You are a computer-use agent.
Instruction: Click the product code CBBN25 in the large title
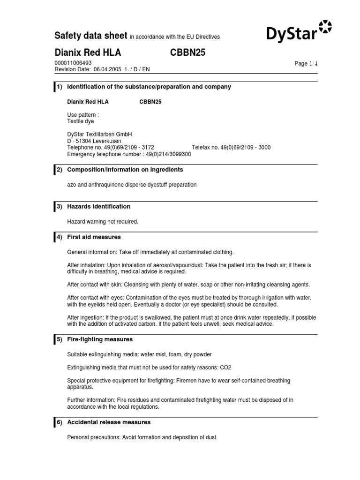[x=187, y=53]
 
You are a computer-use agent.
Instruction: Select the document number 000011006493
[x=73, y=63]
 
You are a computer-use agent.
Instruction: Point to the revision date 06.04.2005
[x=108, y=69]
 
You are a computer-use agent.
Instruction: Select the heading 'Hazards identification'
[x=99, y=206]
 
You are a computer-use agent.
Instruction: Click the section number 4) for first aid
[x=60, y=237]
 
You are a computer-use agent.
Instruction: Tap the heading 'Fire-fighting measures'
[x=100, y=339]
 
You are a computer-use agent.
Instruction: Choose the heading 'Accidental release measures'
[x=109, y=422]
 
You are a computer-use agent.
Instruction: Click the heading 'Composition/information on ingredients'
[x=125, y=170]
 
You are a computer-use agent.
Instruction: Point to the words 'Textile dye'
[x=81, y=121]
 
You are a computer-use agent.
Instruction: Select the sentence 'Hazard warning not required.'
[x=103, y=221]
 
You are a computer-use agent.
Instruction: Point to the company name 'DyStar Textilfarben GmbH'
[x=100, y=134]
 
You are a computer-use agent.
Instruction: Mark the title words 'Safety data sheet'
[x=91, y=36]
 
